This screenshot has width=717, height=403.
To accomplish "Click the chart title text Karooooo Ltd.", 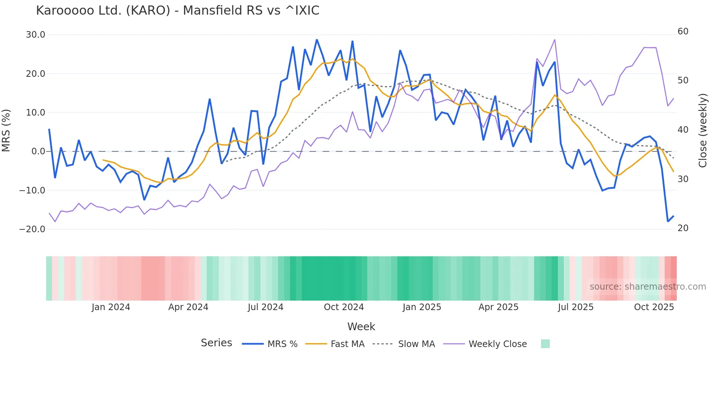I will coord(177,10).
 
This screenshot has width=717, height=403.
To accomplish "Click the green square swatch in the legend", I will coord(545,344).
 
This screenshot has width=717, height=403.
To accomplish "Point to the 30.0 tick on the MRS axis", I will coord(35,35).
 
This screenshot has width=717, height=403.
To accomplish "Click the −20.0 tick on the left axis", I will coord(32,229).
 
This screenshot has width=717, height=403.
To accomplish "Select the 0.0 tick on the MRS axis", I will coord(38,151).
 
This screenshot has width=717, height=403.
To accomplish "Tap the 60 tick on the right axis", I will coord(683,31).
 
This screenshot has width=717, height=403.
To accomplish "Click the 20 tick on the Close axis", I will coord(683,228).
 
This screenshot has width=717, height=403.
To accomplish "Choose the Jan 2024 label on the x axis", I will coord(111,307).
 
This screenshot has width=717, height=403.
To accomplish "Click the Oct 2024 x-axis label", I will coord(344,307).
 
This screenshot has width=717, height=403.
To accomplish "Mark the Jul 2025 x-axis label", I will coord(575,307).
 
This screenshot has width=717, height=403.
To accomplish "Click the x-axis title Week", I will coord(361,327).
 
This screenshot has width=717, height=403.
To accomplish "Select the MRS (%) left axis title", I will coord(6,130).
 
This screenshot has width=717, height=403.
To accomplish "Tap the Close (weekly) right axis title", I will coord(703,130).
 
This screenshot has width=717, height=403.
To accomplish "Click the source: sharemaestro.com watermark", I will coord(647,287).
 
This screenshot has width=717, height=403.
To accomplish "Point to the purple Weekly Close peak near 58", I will coord(555,40).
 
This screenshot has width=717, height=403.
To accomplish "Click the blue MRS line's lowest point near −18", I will coord(668,221).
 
